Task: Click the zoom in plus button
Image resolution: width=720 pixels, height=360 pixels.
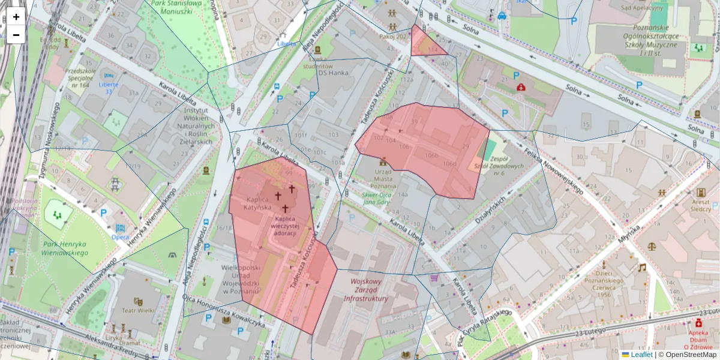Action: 16,17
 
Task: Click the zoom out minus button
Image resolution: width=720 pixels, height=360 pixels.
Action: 16,35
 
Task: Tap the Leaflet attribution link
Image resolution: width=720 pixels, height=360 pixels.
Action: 641,355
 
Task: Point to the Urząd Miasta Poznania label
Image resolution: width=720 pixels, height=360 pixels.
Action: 383,178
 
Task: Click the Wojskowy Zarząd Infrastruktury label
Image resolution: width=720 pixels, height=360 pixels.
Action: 366,290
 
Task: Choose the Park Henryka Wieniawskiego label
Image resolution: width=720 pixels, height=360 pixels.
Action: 64,248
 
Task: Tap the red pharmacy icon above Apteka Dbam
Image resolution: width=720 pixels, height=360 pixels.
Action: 698,323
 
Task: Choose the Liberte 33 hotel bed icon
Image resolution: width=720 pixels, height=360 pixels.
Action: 108,76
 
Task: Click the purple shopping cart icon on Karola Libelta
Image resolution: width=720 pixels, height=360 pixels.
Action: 434,278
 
